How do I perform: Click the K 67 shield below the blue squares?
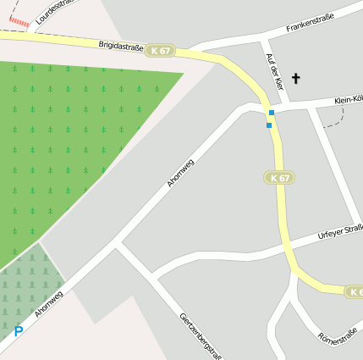click(278, 178)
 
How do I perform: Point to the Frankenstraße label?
click(310, 22)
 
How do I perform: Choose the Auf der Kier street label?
click(272, 71)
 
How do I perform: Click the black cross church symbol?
click(296, 79)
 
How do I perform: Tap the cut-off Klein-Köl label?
click(348, 100)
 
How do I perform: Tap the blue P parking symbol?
click(18, 332)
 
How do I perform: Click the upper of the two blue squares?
click(272, 113)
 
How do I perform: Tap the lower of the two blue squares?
click(269, 125)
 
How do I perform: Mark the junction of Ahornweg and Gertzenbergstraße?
click(117, 246)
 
